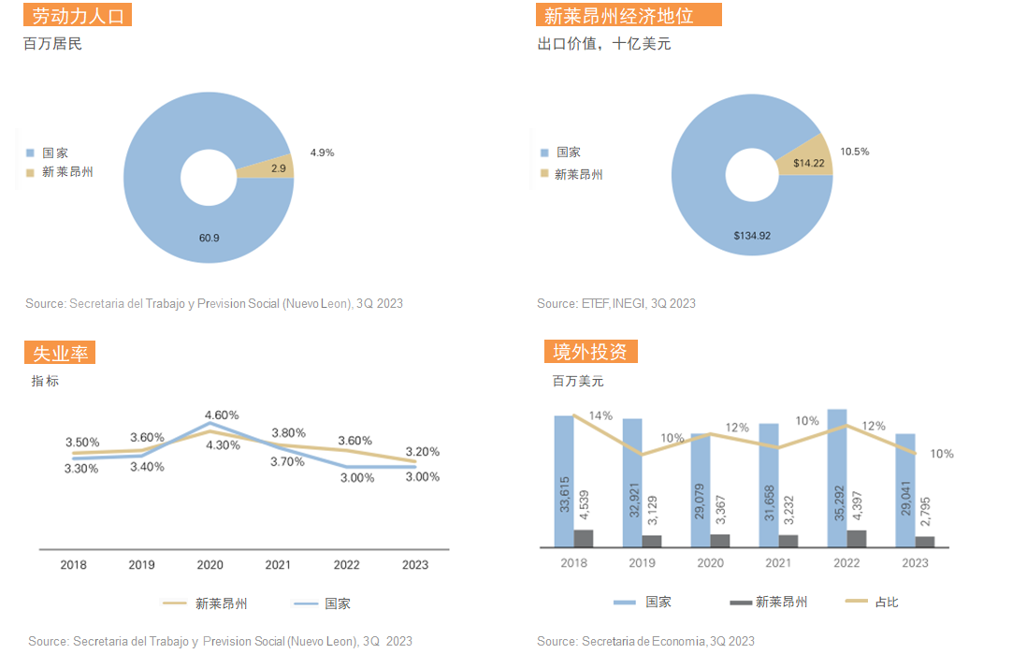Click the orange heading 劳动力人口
coord(78,16)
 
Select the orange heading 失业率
coord(59,353)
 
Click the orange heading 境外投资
coord(591,352)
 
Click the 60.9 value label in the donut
coord(209,238)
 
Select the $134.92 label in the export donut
coord(752,236)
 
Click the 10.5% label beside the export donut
coord(854,152)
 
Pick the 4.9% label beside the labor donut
coord(322,152)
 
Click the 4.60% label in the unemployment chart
coord(222,414)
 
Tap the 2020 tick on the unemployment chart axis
coord(210,565)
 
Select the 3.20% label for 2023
coord(422,452)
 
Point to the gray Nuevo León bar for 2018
coord(584,537)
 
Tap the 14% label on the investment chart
coord(600,415)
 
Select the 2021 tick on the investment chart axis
coord(778,562)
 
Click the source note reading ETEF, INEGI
coord(616,303)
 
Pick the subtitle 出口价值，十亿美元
coord(603,43)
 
